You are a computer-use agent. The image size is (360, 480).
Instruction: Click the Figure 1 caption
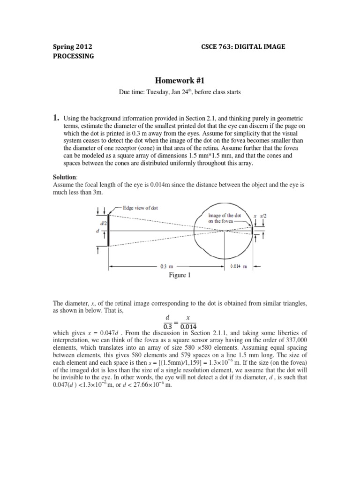[x=180, y=276]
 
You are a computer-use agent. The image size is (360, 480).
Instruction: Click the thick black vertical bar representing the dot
[x=109, y=230]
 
